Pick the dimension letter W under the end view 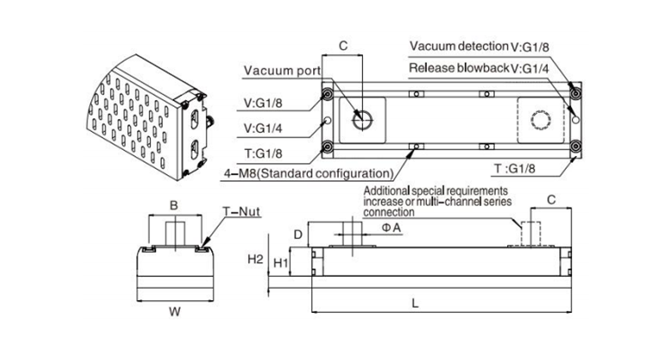pos(174,312)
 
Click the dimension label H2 pos(255,258)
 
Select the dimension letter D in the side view pos(297,233)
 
